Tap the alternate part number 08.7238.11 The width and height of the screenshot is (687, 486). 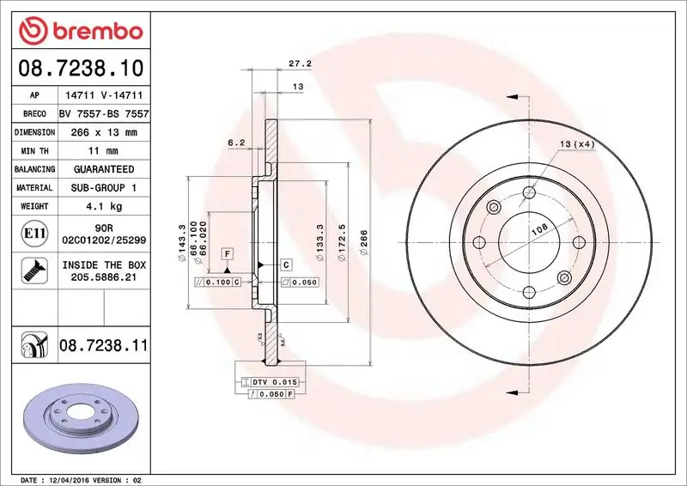tap(104, 346)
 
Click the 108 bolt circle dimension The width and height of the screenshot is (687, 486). tap(539, 228)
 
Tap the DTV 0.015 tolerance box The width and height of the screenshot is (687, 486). tap(274, 381)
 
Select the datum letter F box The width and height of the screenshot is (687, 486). tap(228, 253)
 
